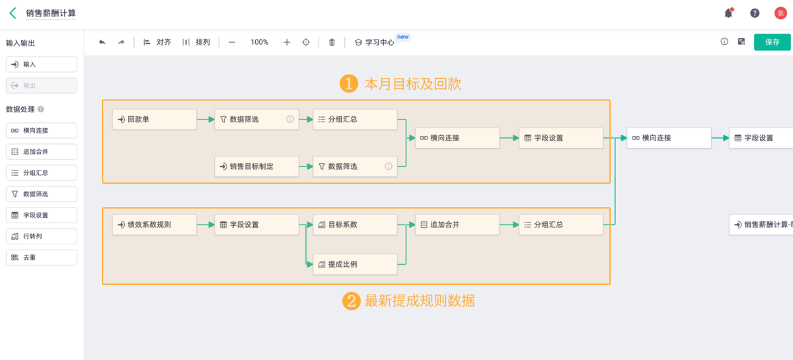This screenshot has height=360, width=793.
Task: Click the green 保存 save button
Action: pyautogui.click(x=772, y=42)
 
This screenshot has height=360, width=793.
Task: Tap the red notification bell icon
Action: pyautogui.click(x=728, y=13)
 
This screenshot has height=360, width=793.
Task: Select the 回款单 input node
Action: pyautogui.click(x=155, y=120)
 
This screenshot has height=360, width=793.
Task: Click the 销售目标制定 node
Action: pyautogui.click(x=256, y=166)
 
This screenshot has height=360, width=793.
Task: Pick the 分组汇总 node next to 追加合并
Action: pyautogui.click(x=561, y=225)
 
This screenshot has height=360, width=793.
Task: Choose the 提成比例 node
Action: pyautogui.click(x=355, y=264)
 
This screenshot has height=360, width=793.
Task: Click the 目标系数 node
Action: pyautogui.click(x=355, y=225)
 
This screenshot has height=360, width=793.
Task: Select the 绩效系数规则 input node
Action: pyautogui.click(x=155, y=225)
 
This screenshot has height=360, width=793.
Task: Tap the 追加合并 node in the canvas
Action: pyautogui.click(x=457, y=225)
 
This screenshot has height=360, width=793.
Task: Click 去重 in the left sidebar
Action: pyautogui.click(x=42, y=258)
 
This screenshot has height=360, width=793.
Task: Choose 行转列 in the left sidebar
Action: pyautogui.click(x=42, y=236)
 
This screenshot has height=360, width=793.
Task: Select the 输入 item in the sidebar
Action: pyautogui.click(x=42, y=65)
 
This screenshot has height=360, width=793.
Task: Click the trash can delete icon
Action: pyautogui.click(x=332, y=42)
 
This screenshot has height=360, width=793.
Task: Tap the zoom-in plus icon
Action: pyautogui.click(x=287, y=42)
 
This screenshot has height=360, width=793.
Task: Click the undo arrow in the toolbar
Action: pyautogui.click(x=102, y=42)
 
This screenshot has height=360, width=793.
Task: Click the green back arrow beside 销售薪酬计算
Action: pyautogui.click(x=13, y=13)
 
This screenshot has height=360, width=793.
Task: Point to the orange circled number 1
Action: pyautogui.click(x=349, y=83)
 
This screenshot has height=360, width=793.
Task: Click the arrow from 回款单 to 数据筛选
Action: pyautogui.click(x=206, y=120)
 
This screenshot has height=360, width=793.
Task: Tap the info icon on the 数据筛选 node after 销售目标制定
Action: pyautogui.click(x=389, y=166)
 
